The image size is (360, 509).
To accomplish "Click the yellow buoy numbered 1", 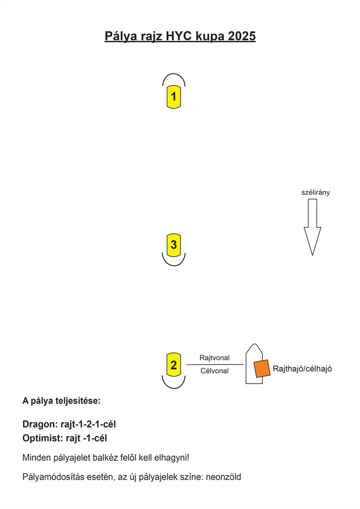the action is pos(174,97).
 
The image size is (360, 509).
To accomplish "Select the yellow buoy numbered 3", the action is pos(174,244).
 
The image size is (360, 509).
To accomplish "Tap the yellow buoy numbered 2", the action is pos(174,365).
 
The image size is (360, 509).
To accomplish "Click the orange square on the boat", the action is pos(262,369).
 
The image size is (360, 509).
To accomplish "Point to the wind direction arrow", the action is pos(312,227).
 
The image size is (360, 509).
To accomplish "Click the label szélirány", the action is pos(316,193).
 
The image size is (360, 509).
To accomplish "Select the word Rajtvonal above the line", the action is pos(214,358).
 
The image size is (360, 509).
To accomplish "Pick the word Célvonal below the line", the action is pos(214,371).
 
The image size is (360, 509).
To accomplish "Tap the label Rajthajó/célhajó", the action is pos(302,369).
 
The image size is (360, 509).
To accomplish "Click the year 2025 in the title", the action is pos(242,36).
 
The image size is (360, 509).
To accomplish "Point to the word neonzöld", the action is pos(223,477).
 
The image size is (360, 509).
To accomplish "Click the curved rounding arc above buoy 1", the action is pos(174,74).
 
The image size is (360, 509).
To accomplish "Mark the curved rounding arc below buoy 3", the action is pos(174,266).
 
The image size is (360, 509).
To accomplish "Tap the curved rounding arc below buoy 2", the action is pos(174,388).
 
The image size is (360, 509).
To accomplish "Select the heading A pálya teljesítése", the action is pos(61,401).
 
